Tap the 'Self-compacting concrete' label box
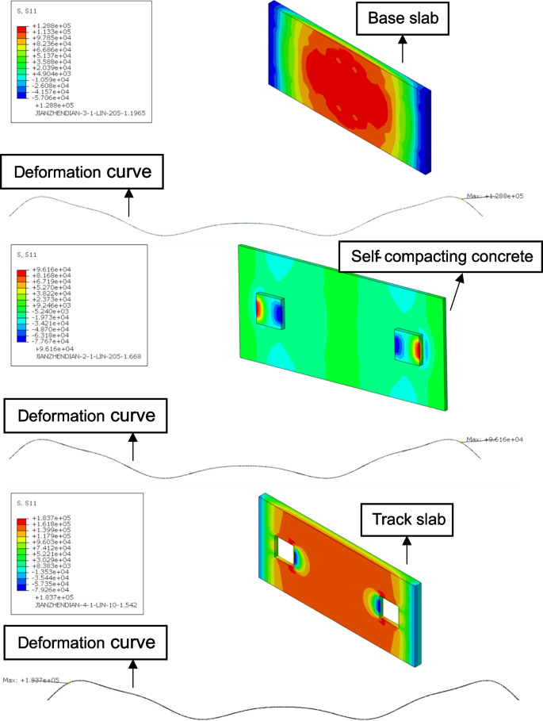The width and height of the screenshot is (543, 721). click(x=438, y=257)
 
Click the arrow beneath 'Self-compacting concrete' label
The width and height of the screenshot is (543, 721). click(x=457, y=291)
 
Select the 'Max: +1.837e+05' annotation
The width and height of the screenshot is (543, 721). click(x=31, y=680)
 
